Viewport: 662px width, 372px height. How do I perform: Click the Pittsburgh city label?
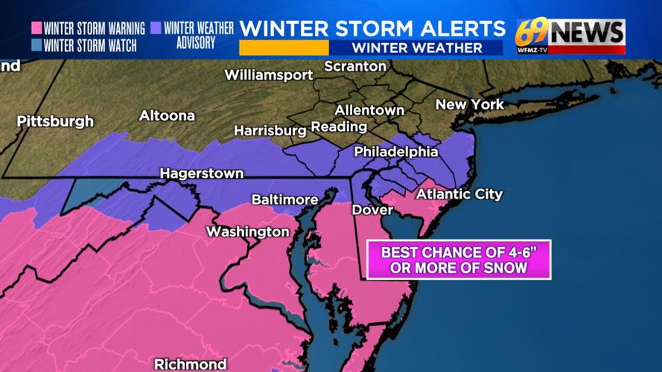(56, 121)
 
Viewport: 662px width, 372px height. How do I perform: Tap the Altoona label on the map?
(167, 115)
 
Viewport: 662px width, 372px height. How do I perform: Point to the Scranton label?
(355, 66)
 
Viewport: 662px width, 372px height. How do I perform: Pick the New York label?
(469, 104)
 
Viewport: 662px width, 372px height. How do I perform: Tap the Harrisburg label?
(270, 130)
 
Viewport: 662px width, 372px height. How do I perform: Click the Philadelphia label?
(395, 151)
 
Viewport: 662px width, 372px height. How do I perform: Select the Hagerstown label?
(201, 173)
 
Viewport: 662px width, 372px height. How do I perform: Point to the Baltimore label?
(284, 199)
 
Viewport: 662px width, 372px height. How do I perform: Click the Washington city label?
(247, 231)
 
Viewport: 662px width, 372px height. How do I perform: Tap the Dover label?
(372, 210)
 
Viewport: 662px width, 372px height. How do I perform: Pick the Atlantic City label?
(459, 194)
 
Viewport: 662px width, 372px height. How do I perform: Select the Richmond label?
(190, 364)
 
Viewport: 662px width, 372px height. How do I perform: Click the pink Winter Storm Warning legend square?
(36, 29)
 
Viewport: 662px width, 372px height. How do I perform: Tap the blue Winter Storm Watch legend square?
(36, 45)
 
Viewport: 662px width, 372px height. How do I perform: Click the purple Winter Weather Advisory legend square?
(156, 28)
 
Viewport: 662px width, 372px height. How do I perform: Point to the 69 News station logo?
(570, 36)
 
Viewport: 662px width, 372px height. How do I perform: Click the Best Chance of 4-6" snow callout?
(459, 260)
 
